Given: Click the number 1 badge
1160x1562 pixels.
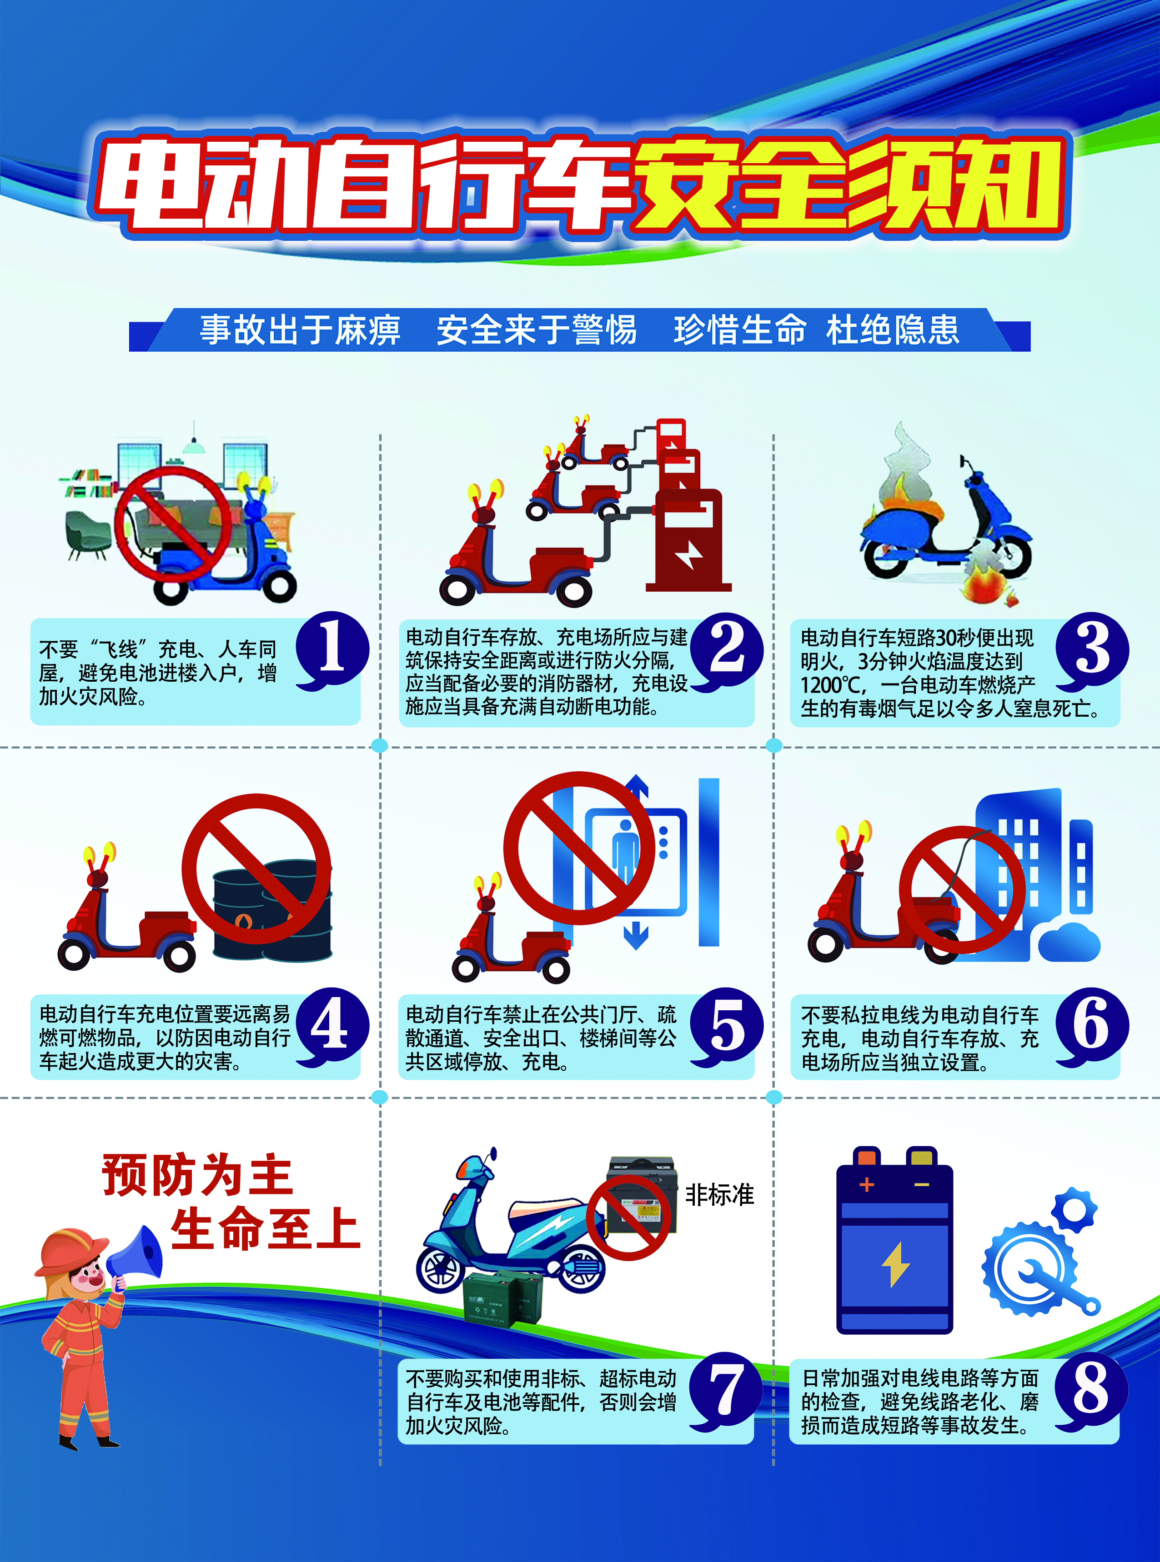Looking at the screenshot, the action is pyautogui.click(x=332, y=650).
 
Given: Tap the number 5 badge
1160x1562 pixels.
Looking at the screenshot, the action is pyautogui.click(x=727, y=1026).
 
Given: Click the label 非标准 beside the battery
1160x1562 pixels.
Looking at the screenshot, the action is pyautogui.click(x=720, y=1194).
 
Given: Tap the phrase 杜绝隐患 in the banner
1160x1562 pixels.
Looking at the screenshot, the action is pyautogui.click(x=893, y=330).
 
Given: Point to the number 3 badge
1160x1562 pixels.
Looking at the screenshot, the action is pyautogui.click(x=1092, y=650).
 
